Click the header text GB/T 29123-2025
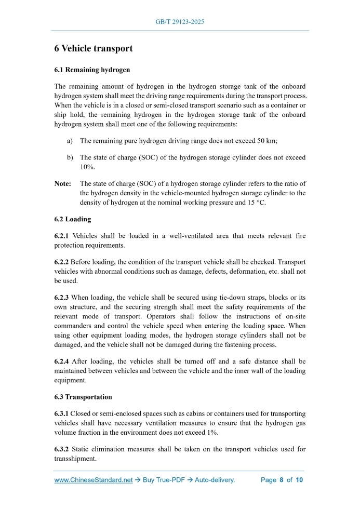click(180, 22)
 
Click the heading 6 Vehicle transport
click(94, 49)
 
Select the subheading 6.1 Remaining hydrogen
click(92, 70)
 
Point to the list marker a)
click(70, 141)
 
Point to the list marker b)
click(70, 157)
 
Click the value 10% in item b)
click(87, 167)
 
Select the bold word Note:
click(63, 183)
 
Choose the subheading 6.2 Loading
click(73, 219)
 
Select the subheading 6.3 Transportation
click(83, 397)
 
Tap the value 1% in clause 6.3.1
click(212, 432)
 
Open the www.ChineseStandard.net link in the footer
click(94, 480)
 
